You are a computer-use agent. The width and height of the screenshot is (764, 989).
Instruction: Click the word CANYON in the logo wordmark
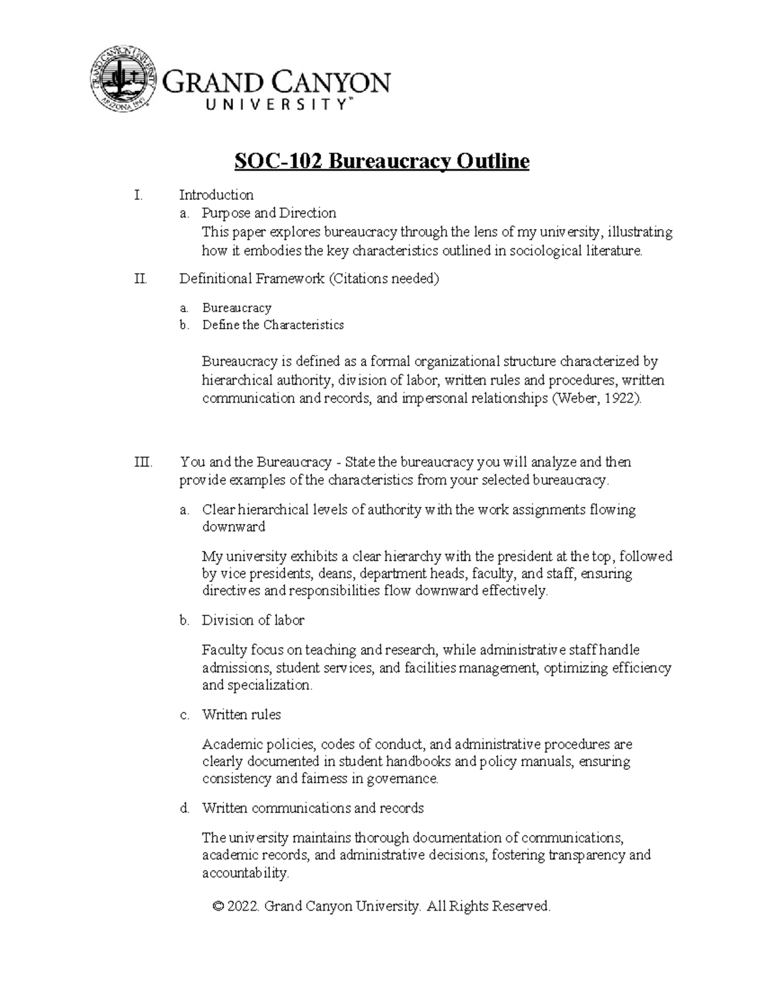[332, 83]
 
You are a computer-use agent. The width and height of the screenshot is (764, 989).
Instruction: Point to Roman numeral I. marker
[138, 195]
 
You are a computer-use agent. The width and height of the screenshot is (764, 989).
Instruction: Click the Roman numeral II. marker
[141, 279]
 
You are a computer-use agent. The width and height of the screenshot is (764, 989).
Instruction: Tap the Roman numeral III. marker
[144, 462]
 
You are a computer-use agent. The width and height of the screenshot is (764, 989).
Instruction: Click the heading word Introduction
[216, 195]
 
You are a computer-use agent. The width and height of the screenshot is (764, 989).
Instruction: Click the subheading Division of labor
[253, 620]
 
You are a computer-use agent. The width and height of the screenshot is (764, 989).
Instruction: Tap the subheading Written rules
[241, 715]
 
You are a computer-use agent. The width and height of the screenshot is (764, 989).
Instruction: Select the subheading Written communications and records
[313, 808]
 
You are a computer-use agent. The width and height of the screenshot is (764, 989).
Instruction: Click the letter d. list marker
[185, 809]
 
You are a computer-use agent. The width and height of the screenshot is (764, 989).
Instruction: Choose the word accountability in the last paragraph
[245, 873]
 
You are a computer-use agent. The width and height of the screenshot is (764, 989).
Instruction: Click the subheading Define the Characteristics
[272, 325]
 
